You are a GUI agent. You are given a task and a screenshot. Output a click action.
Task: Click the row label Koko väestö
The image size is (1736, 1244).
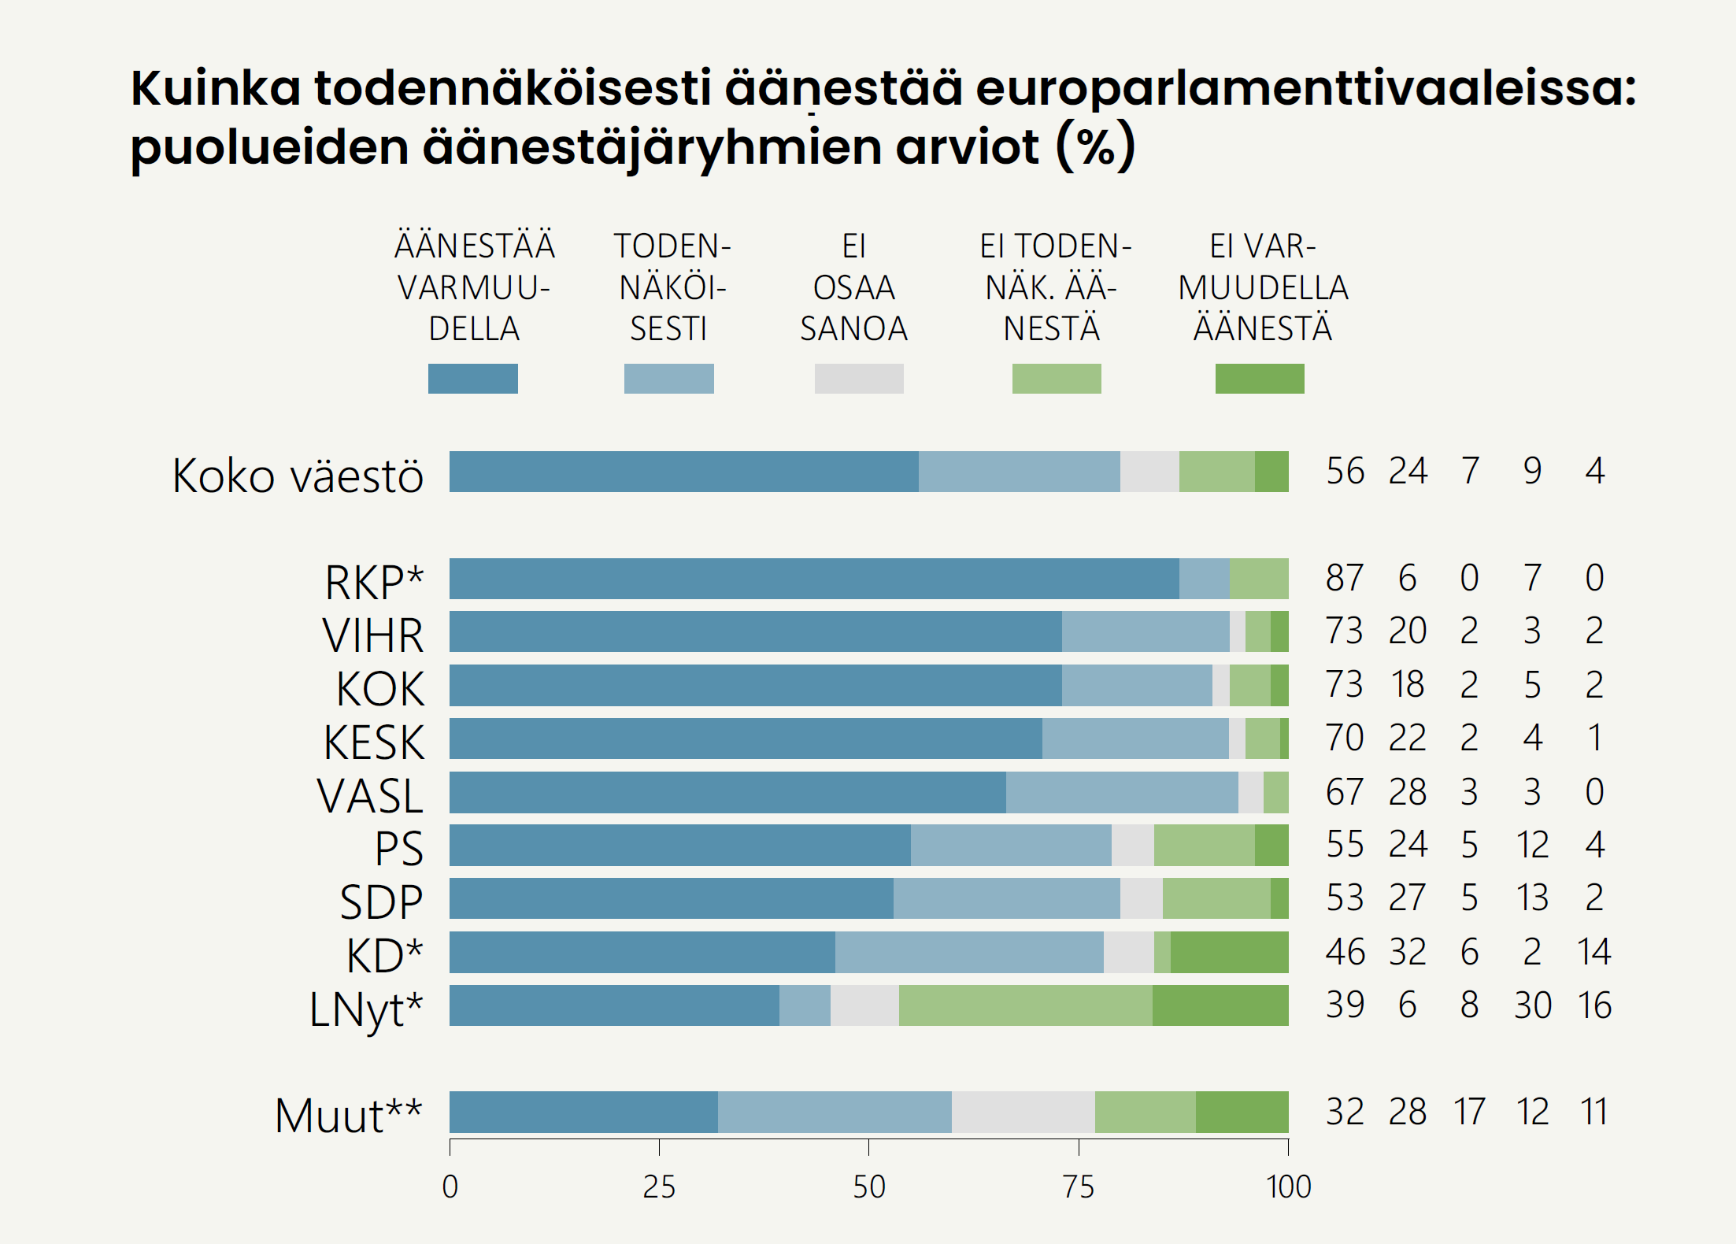[298, 476]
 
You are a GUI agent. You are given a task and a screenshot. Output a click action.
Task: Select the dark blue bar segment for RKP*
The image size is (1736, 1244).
[813, 579]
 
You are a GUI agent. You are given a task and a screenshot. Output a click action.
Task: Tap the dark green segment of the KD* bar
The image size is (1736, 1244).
[1229, 952]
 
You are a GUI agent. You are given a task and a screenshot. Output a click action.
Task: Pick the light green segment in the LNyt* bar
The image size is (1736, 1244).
[1025, 1005]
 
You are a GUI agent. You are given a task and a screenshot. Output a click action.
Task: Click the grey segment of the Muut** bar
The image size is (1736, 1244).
[1023, 1112]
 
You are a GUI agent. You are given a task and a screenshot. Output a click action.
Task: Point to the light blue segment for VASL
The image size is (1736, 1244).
[1122, 792]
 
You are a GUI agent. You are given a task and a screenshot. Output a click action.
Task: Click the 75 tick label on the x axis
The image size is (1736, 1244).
[1078, 1187]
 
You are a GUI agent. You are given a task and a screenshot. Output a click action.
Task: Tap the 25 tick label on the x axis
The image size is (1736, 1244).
[659, 1187]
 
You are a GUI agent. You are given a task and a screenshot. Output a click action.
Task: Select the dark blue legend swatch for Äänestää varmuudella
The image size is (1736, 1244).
[472, 379]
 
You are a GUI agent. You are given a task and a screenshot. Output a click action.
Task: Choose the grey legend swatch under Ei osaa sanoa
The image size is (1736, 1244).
[859, 379]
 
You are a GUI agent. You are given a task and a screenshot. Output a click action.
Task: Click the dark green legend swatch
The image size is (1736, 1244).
[1260, 379]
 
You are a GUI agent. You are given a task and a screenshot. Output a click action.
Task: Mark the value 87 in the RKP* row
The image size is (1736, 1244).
[1345, 578]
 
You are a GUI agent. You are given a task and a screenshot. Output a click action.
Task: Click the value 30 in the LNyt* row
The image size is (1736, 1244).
[1532, 1005]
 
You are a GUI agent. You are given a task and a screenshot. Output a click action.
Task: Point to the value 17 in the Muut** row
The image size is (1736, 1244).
[1469, 1112]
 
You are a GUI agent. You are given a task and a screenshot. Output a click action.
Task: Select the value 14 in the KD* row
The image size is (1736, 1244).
[1594, 952]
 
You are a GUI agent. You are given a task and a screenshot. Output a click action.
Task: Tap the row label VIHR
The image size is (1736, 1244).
[373, 635]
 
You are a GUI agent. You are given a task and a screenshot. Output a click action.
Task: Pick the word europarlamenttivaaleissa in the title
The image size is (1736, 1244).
[1305, 88]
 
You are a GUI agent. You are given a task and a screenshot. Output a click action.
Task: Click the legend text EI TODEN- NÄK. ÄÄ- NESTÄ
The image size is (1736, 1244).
[1055, 287]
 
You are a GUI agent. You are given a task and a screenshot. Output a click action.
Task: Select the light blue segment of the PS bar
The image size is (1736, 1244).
[1011, 846]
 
